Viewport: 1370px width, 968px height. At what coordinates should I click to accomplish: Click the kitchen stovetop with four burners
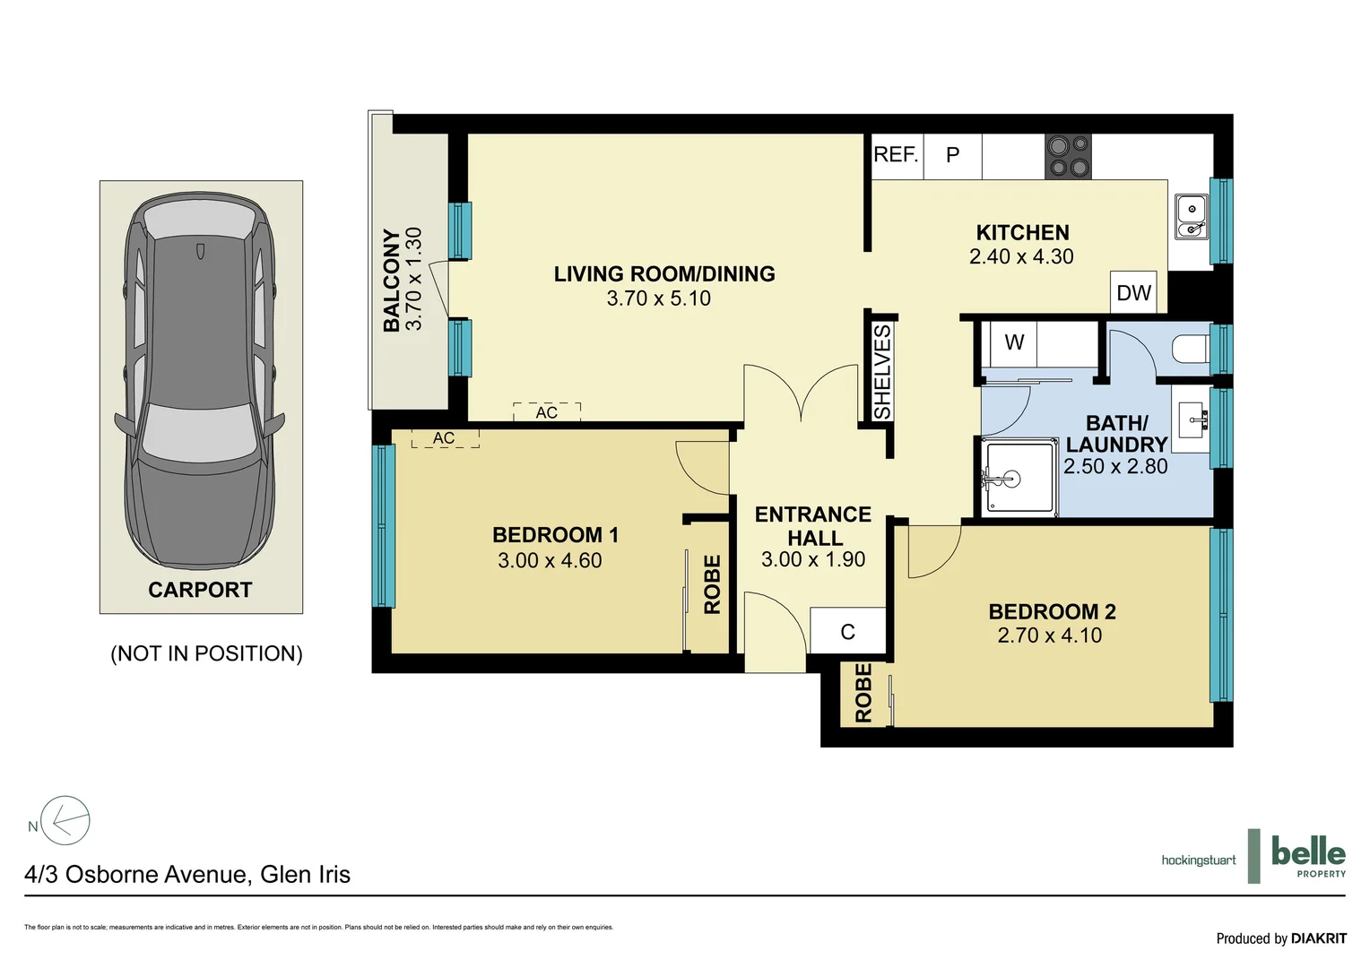click(x=1068, y=157)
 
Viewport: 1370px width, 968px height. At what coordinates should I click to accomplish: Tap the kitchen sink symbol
click(x=1192, y=218)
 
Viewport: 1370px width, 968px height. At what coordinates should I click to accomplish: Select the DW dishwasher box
click(x=1133, y=292)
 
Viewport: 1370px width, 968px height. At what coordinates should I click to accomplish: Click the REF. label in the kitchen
click(x=896, y=155)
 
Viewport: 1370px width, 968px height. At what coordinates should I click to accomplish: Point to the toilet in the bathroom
click(x=1191, y=350)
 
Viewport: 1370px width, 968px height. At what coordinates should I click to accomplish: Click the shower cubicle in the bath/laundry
click(x=1019, y=478)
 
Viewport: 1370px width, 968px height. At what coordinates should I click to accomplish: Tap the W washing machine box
click(x=1014, y=342)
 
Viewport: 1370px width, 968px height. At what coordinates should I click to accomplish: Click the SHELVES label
click(x=882, y=372)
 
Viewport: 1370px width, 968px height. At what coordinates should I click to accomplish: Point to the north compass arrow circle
click(x=66, y=820)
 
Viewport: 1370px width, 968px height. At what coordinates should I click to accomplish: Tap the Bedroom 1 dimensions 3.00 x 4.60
click(x=550, y=560)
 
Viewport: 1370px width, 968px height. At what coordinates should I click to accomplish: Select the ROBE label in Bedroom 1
click(x=712, y=584)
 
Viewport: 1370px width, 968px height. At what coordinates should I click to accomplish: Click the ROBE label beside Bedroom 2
click(x=863, y=693)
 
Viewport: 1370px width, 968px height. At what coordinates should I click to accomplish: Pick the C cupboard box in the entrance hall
click(x=847, y=632)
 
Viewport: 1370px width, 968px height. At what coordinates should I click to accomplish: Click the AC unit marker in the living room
click(x=547, y=412)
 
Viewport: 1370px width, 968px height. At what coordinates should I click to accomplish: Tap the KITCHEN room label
click(x=1022, y=232)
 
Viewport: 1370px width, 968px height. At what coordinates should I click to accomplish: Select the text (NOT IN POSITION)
click(x=206, y=653)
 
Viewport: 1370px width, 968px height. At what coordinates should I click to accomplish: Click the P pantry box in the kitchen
click(x=952, y=156)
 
